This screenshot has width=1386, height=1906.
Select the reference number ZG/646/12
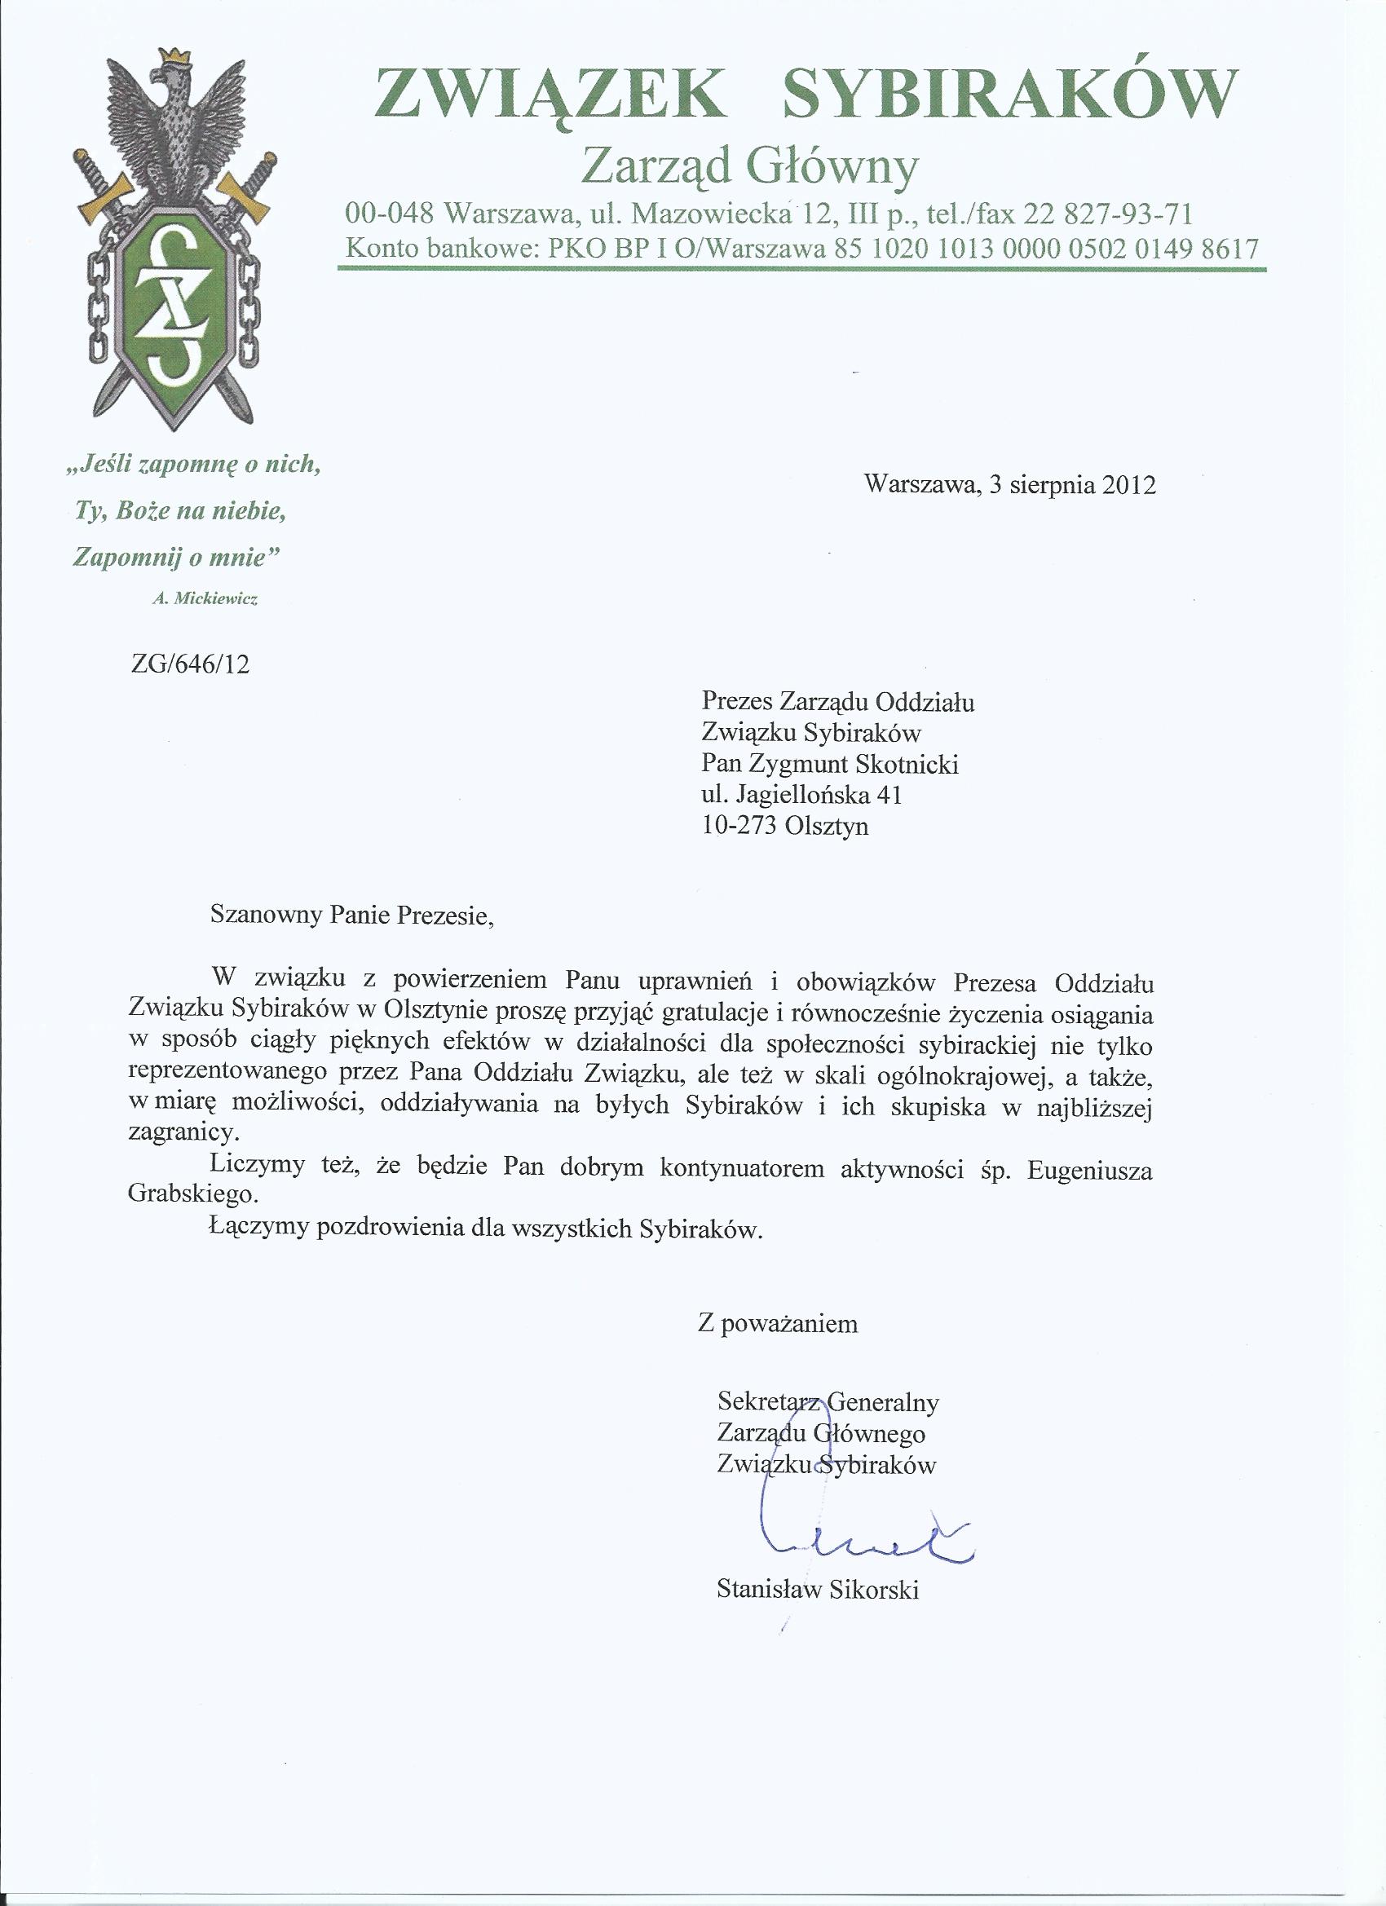[x=191, y=664]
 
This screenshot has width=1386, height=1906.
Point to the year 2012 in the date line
[x=1129, y=486]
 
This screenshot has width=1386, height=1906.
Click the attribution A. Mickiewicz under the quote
[x=205, y=599]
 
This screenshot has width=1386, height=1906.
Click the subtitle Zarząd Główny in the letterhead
[x=750, y=165]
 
